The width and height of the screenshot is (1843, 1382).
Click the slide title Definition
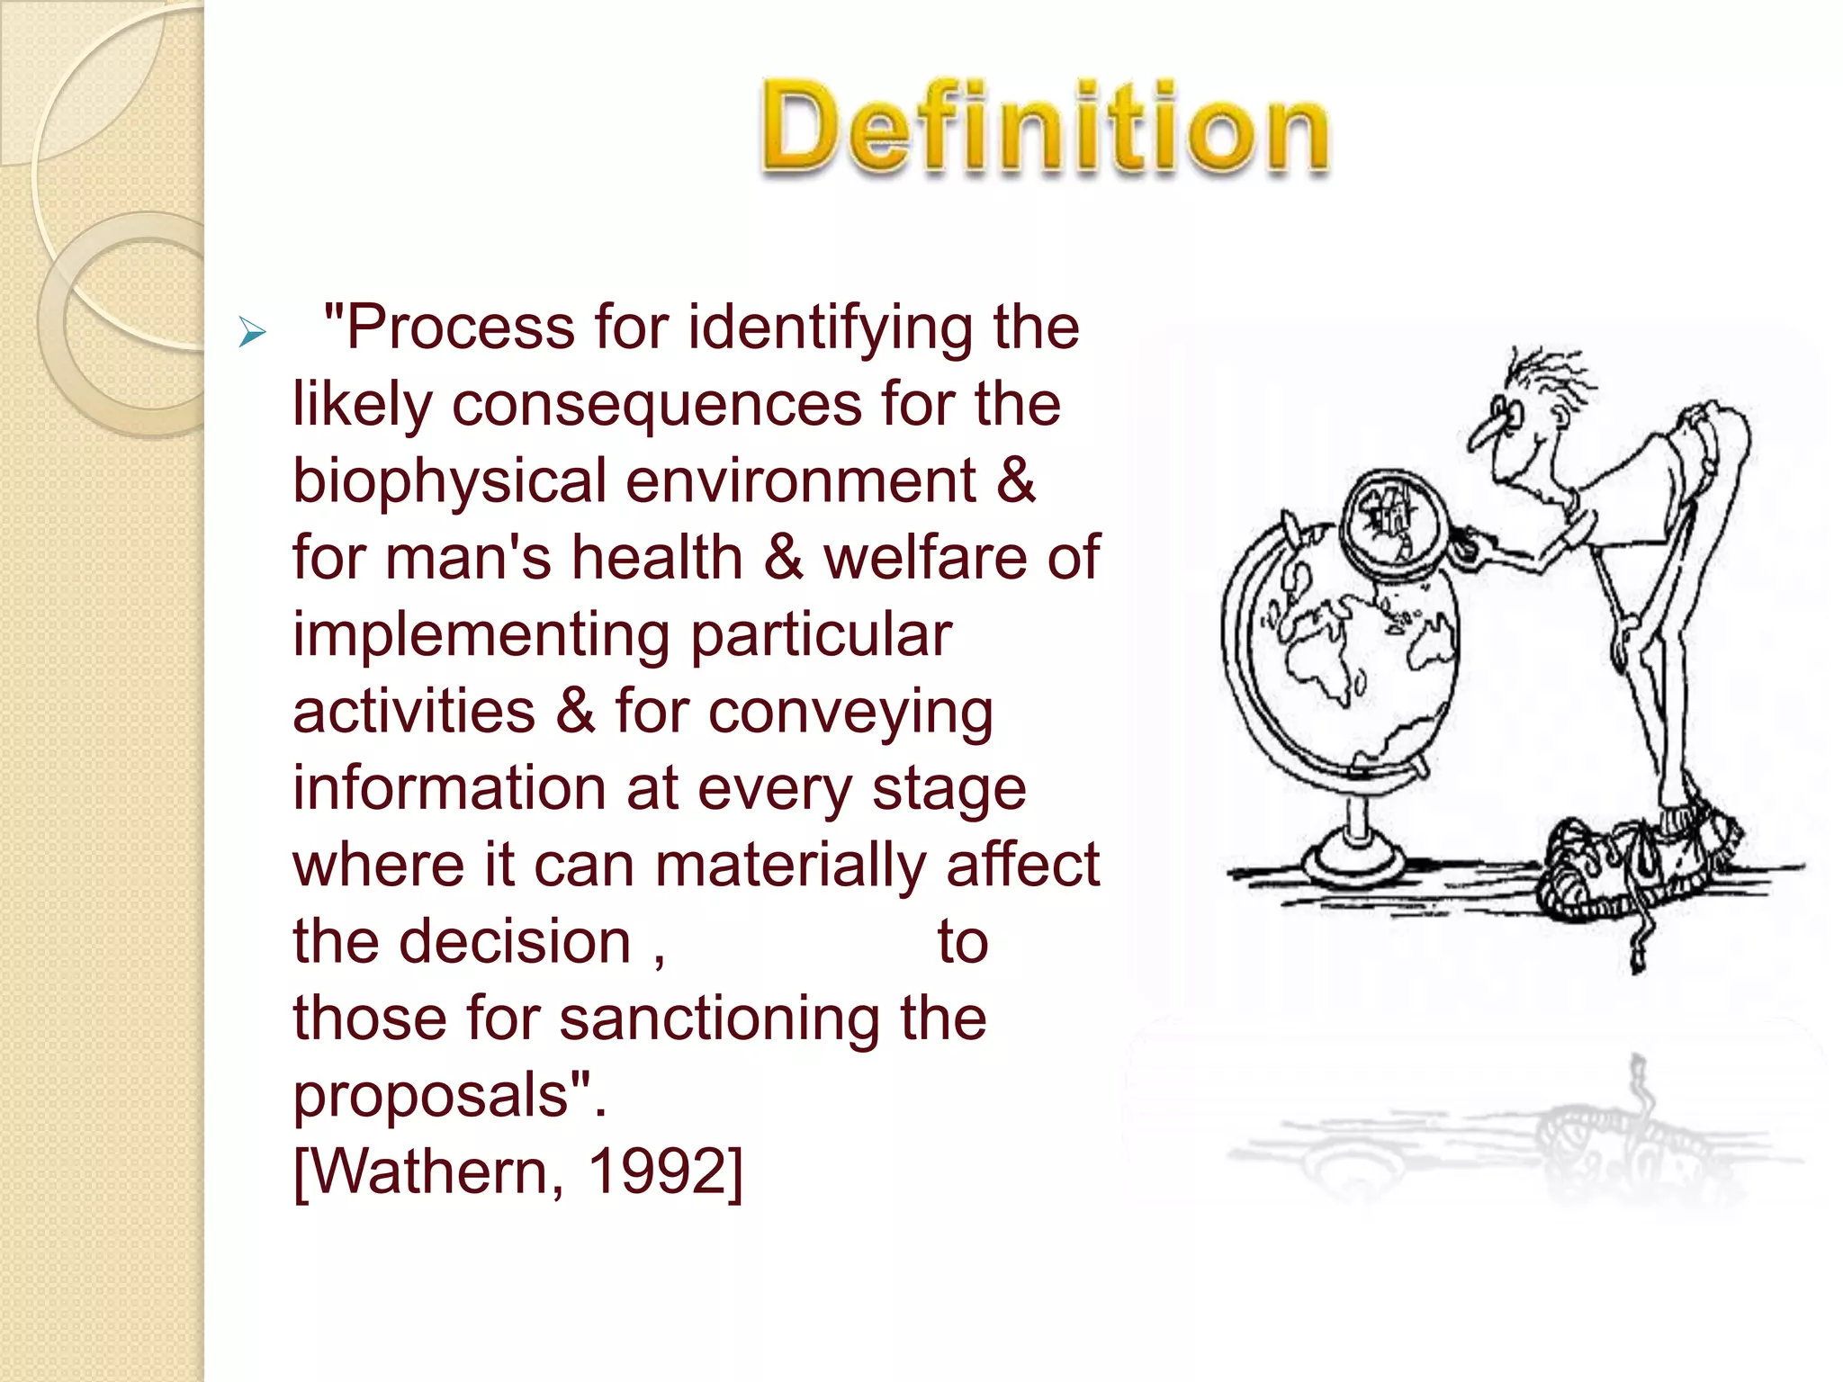pyautogui.click(x=1044, y=128)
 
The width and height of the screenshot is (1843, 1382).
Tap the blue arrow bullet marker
pyautogui.click(x=252, y=333)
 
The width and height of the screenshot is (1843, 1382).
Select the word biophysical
pyautogui.click(x=449, y=482)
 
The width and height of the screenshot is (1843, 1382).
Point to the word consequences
pyautogui.click(x=656, y=405)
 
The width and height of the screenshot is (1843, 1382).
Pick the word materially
pyautogui.click(x=790, y=866)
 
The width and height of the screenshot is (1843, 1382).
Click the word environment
pyautogui.click(x=801, y=482)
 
